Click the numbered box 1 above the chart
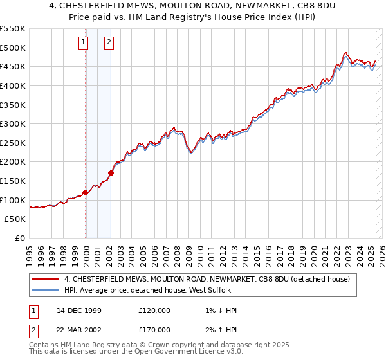[84, 43]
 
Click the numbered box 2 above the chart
[109, 43]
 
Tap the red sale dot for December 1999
[85, 192]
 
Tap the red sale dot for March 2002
[111, 173]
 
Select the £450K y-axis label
[13, 66]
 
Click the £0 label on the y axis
[19, 238]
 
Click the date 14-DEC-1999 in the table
[79, 310]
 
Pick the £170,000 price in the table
[154, 330]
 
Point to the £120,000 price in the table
[154, 310]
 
